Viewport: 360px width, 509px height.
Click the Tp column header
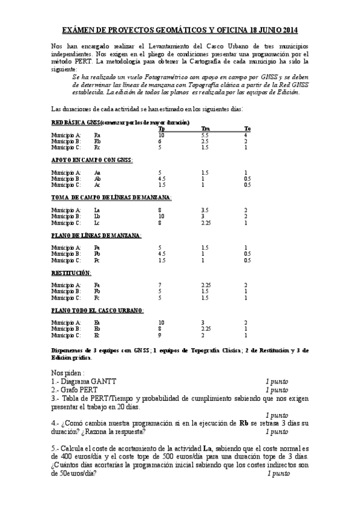[x=161, y=128]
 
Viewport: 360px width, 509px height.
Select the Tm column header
[x=205, y=128]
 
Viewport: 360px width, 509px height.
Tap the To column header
[x=247, y=128]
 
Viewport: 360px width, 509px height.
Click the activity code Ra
[x=97, y=135]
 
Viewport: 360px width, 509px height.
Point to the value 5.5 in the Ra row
[x=205, y=135]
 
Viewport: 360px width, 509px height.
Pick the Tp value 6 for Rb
[x=159, y=141]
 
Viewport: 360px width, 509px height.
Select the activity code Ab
[x=97, y=178]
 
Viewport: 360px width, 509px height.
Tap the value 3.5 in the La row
[x=205, y=209]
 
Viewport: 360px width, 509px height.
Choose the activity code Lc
[x=97, y=222]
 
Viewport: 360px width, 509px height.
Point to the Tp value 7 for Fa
[x=159, y=285]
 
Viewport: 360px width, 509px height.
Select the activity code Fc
[x=97, y=297]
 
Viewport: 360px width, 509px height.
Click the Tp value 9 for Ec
[x=159, y=335]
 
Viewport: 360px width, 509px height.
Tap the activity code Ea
[x=97, y=322]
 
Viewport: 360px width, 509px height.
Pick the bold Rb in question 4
[x=243, y=423]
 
